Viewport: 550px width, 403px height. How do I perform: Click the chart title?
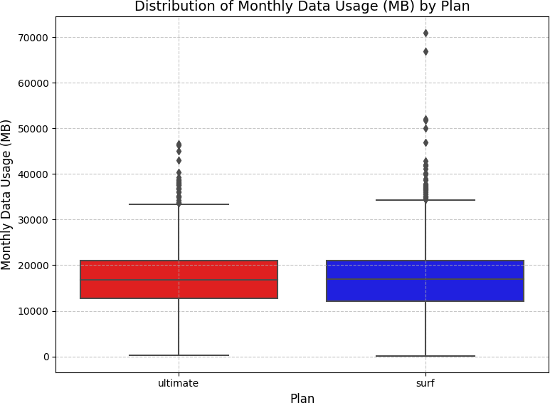(302, 6)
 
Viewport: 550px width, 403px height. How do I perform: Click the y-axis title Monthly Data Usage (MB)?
(7, 194)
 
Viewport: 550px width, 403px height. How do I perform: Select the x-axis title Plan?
(302, 399)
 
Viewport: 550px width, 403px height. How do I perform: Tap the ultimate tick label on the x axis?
(179, 383)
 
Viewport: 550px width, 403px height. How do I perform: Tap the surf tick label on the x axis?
(425, 383)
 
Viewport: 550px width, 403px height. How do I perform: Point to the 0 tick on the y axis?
(46, 357)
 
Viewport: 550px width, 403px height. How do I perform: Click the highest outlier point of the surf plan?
(425, 33)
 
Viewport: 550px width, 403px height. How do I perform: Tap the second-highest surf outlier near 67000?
(425, 51)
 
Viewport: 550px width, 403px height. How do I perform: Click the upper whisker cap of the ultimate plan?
(179, 204)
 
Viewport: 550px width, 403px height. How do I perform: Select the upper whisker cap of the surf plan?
(425, 200)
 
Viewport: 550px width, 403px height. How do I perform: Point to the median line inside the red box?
(179, 280)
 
